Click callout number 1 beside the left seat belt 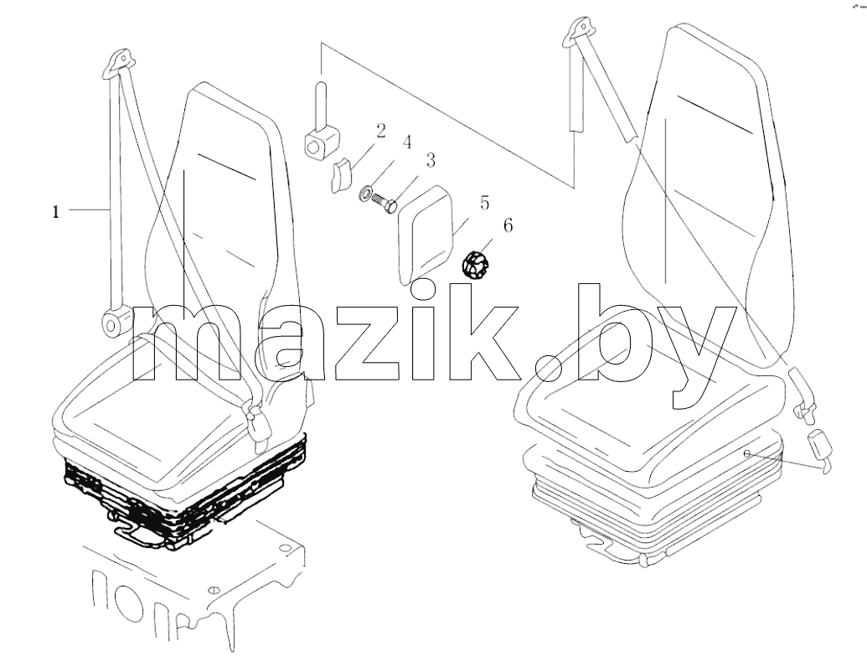click(x=55, y=212)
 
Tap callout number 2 click(x=381, y=131)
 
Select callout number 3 click(x=431, y=160)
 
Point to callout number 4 click(x=407, y=142)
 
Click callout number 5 click(x=484, y=203)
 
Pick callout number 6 click(x=508, y=225)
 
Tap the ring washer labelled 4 click(x=366, y=193)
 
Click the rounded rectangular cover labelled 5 click(x=426, y=235)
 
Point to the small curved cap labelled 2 click(x=343, y=173)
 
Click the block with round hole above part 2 click(x=322, y=141)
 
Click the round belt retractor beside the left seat click(x=116, y=323)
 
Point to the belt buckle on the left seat click(x=259, y=422)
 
